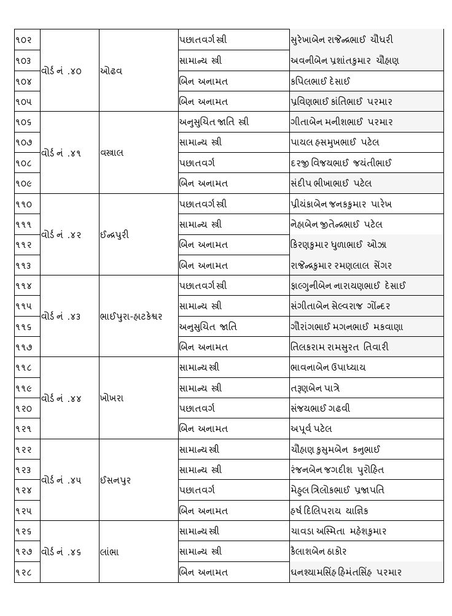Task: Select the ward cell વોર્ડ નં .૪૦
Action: click(61, 71)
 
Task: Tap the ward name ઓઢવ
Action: click(111, 71)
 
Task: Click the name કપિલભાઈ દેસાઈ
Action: click(321, 81)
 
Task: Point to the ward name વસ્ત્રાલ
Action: click(113, 153)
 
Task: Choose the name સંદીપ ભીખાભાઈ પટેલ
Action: click(331, 183)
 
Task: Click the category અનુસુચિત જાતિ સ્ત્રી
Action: click(214, 122)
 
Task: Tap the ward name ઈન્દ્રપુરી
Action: click(114, 234)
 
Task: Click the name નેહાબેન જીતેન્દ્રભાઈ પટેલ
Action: click(337, 225)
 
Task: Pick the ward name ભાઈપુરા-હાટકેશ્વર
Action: click(131, 317)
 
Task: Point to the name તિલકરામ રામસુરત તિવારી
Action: click(340, 347)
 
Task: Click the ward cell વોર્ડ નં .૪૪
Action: click(61, 398)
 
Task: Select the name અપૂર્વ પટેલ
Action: click(311, 429)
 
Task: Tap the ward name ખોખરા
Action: click(112, 398)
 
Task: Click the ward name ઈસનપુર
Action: click(115, 480)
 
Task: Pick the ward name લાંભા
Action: click(109, 552)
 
